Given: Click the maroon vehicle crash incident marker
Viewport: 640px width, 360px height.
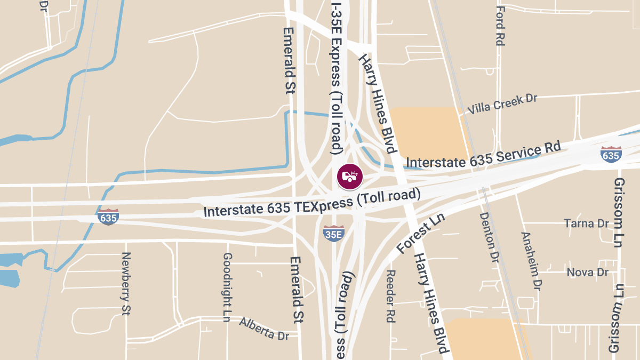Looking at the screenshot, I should pos(349,177).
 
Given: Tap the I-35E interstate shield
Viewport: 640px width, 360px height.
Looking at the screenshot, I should pos(333,233).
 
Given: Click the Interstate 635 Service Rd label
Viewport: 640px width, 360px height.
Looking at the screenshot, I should pos(484,154).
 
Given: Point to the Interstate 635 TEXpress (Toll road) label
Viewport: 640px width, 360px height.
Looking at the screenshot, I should pos(312,203).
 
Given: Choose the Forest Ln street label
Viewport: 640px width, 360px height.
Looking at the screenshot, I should pos(421,238).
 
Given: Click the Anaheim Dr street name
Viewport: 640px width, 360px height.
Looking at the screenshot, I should pos(531,261).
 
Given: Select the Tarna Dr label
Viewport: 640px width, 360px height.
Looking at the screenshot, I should pos(587,223).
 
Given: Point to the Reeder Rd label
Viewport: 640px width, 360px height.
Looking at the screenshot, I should pos(390,296).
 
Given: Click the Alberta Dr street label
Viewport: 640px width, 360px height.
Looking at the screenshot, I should pos(264,329).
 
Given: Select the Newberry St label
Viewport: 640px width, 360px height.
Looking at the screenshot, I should pos(126,283).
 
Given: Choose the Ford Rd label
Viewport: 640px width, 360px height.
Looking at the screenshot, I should pos(500,26).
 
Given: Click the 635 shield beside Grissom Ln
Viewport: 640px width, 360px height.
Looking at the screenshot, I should pos(610,155).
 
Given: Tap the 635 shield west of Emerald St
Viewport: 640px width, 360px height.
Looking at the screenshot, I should pos(108,217).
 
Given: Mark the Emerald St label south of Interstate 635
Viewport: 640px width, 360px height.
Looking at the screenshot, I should pos(297,290).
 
